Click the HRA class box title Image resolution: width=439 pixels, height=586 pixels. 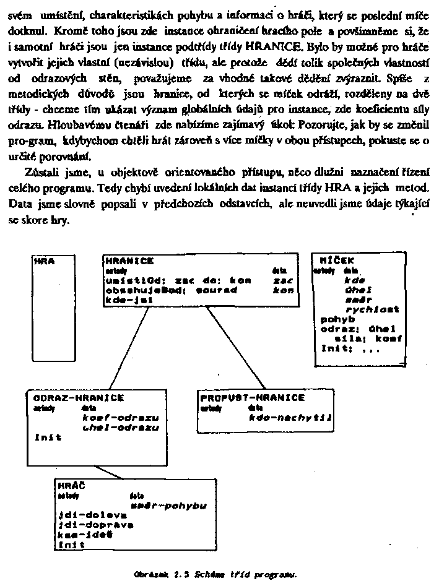(44, 262)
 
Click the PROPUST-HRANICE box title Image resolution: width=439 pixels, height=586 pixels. (253, 398)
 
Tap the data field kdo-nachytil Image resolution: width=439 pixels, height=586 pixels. (290, 418)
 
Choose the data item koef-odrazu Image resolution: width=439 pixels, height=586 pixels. (121, 418)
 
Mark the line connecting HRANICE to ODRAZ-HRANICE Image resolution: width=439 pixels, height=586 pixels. (131, 348)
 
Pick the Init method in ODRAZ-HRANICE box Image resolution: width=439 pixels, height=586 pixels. (48, 437)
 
